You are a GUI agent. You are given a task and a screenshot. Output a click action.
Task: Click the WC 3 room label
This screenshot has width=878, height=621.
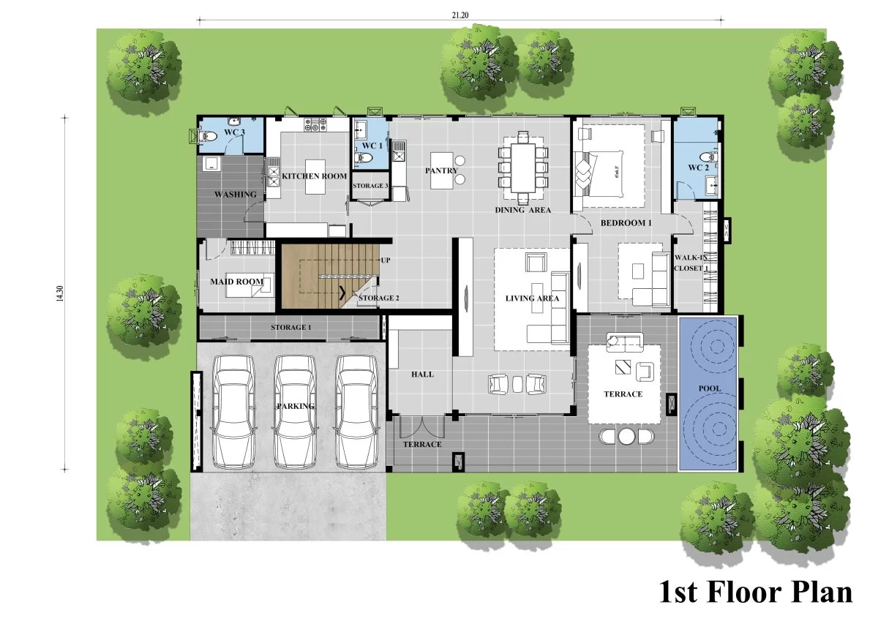tap(234, 132)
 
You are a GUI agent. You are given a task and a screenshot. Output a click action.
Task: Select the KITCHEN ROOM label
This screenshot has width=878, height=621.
tap(315, 176)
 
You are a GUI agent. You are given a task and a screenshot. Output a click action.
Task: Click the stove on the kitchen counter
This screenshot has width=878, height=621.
tap(315, 124)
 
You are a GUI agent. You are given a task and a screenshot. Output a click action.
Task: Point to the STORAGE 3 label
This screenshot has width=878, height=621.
tap(370, 186)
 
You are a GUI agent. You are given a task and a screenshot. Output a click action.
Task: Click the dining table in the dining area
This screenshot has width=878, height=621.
tap(523, 168)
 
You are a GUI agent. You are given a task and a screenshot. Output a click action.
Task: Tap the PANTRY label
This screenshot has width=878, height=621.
tap(441, 170)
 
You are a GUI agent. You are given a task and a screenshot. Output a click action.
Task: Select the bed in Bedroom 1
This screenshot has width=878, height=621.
tap(609, 166)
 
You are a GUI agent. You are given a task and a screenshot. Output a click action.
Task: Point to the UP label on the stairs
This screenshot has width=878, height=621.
tap(386, 260)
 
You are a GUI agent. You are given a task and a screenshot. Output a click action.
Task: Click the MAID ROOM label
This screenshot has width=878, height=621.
tap(237, 282)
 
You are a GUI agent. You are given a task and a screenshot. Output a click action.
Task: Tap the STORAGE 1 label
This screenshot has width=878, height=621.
tap(291, 327)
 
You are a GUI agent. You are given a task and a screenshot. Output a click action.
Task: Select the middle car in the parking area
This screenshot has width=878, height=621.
tap(295, 411)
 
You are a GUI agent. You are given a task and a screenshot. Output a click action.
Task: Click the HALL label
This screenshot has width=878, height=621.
tap(423, 375)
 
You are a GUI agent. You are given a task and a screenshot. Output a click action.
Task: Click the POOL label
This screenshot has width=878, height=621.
tap(710, 388)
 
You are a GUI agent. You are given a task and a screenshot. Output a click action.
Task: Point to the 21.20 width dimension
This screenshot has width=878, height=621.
tap(460, 15)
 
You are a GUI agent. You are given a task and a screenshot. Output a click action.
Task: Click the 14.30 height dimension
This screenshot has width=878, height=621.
tap(59, 293)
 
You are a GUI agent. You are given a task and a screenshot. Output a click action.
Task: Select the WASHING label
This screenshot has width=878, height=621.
tap(236, 195)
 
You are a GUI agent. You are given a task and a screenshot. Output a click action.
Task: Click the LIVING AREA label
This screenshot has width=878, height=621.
tap(533, 298)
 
